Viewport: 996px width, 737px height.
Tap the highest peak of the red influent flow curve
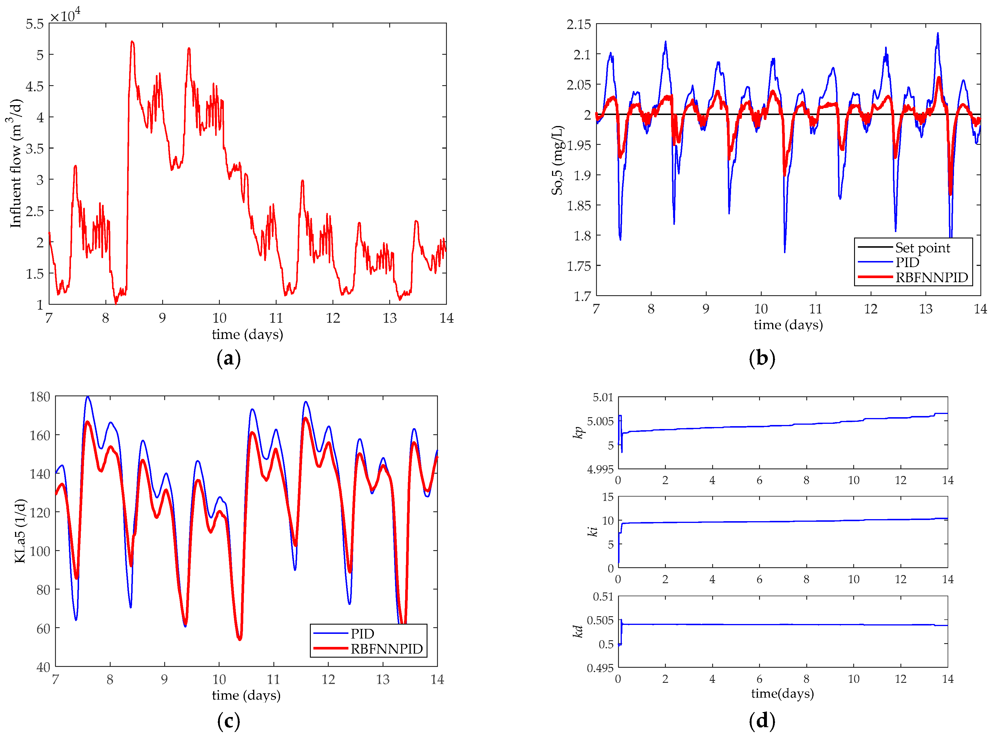[x=132, y=42]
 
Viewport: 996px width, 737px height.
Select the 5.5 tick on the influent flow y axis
[x=35, y=24]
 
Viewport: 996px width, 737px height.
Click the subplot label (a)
[x=229, y=358]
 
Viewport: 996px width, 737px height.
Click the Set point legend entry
[x=922, y=248]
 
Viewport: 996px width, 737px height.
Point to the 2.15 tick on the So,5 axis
[x=578, y=25]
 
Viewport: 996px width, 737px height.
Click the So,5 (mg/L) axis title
[x=558, y=160]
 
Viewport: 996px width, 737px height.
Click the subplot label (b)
[x=761, y=358]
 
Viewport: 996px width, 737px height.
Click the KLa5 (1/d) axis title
[x=20, y=531]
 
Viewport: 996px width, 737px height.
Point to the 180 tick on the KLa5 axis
[x=40, y=397]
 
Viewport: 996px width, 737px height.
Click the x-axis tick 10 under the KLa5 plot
[x=219, y=679]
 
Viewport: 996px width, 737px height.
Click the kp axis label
[x=578, y=432]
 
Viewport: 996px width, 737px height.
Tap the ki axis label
[x=592, y=531]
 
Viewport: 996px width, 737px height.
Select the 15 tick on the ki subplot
[x=608, y=497]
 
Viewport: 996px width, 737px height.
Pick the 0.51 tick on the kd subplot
[x=603, y=597]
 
